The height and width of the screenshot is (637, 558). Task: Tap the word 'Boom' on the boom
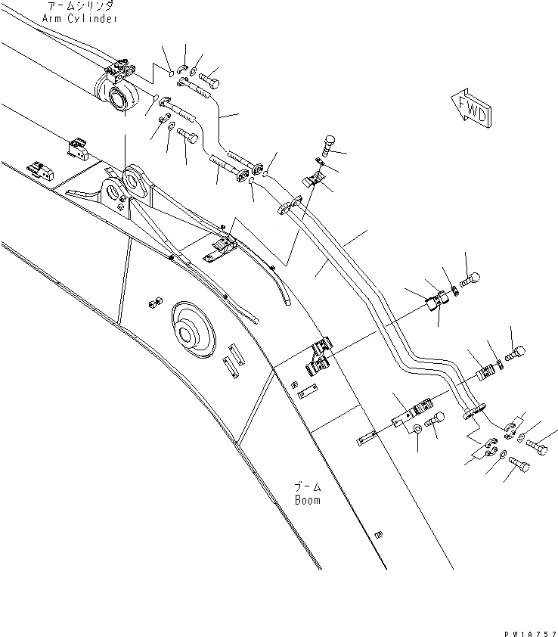click(308, 500)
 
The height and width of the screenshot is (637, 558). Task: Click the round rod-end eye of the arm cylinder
click(119, 98)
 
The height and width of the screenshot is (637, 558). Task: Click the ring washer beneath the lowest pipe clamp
click(416, 430)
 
